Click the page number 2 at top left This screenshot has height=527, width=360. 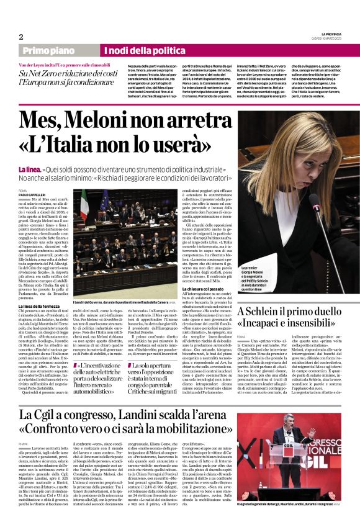[x=20, y=37]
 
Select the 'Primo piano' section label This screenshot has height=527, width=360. [x=48, y=50]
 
